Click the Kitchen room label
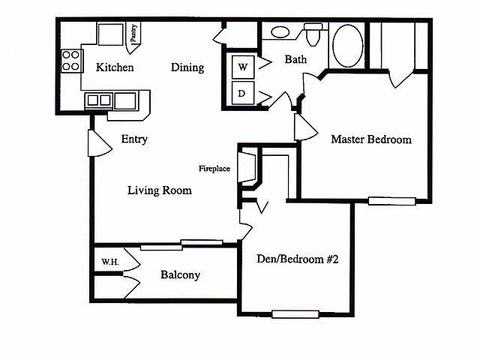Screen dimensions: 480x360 click(115, 67)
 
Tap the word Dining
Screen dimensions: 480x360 click(187, 67)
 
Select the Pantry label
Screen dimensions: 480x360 click(133, 33)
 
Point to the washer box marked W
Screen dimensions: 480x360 click(243, 67)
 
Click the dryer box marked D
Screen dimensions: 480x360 click(243, 93)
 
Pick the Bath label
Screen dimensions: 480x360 click(295, 59)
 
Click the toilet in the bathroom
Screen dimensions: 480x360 click(313, 34)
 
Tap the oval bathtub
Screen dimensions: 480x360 click(347, 45)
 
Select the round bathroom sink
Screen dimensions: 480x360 click(280, 32)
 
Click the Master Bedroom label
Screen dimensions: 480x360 click(371, 139)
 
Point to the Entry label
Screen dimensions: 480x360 click(134, 139)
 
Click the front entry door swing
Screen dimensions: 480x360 click(99, 143)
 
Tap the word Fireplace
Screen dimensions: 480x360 click(214, 168)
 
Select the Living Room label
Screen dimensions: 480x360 click(160, 190)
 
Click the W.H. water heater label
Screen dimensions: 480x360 click(110, 262)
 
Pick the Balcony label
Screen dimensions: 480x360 click(180, 275)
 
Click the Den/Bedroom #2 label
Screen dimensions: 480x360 click(298, 259)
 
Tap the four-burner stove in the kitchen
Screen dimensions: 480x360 click(72, 61)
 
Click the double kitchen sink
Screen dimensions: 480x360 click(98, 100)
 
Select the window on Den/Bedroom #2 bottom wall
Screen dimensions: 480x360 click(295, 314)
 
